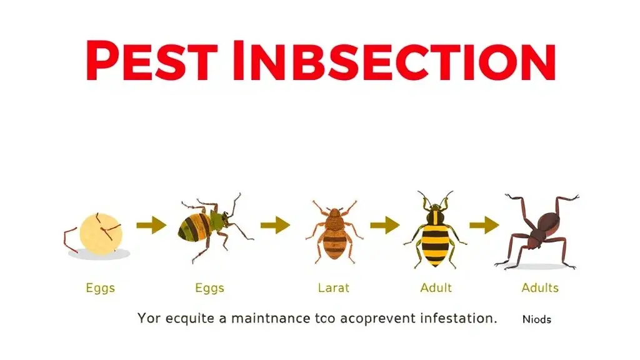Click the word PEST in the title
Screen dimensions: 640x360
pyautogui.click(x=151, y=61)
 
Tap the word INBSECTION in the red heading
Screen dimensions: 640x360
pyautogui.click(x=394, y=61)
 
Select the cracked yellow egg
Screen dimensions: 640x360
pyautogui.click(x=101, y=234)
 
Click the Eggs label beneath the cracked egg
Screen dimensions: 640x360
pyautogui.click(x=101, y=288)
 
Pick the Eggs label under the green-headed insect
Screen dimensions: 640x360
pyautogui.click(x=210, y=288)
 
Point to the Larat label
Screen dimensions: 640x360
pyautogui.click(x=334, y=288)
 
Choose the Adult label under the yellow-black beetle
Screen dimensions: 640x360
pyautogui.click(x=436, y=288)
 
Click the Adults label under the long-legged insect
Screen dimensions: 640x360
pyautogui.click(x=540, y=288)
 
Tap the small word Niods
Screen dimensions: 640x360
pyautogui.click(x=537, y=319)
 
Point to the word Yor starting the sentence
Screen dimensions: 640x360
pyautogui.click(x=149, y=318)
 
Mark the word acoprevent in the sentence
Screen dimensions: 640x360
pyautogui.click(x=377, y=318)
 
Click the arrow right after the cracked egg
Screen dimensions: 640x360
pyautogui.click(x=151, y=225)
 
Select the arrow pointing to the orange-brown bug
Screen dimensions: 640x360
pyautogui.click(x=275, y=225)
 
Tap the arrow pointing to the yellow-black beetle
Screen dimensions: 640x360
pyautogui.click(x=385, y=225)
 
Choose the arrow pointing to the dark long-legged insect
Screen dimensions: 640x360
pyautogui.click(x=484, y=225)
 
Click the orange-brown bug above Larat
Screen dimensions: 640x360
pyautogui.click(x=334, y=231)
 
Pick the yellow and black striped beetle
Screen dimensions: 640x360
pyautogui.click(x=435, y=231)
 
